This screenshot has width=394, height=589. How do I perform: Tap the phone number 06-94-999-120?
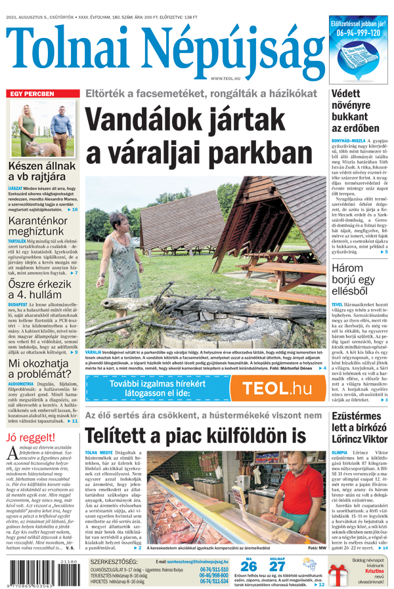[359, 33]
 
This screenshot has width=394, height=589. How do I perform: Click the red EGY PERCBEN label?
[32, 94]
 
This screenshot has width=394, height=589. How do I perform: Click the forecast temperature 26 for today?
[249, 565]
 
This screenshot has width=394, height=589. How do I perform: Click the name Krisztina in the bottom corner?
[370, 571]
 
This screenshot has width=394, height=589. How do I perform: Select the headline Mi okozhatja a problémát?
[39, 370]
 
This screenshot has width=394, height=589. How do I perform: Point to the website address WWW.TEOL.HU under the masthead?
[227, 79]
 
